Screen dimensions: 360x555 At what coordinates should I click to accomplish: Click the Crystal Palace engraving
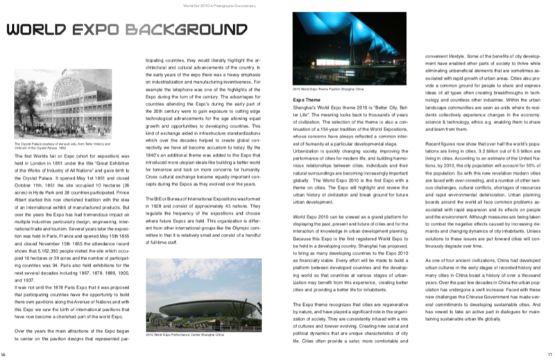62,104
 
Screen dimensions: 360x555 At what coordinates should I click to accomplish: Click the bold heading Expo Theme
302,100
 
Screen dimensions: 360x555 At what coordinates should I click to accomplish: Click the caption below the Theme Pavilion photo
328,89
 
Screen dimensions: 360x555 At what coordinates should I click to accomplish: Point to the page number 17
549,353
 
